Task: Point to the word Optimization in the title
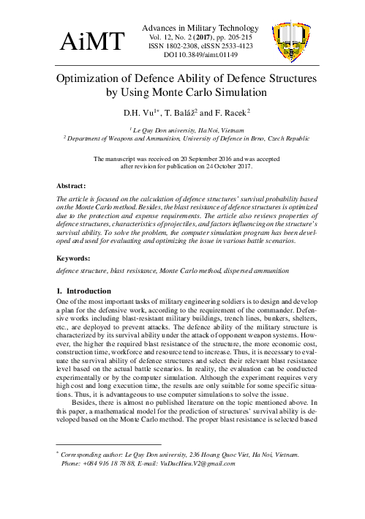[98, 78]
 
